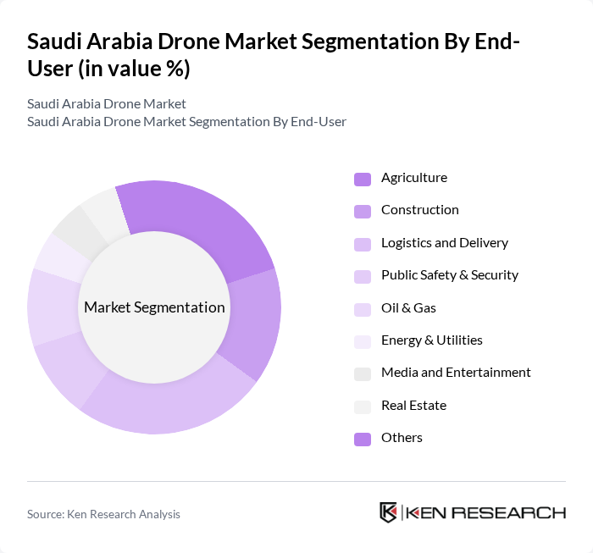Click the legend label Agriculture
[x=413, y=178]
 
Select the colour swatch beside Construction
[x=363, y=211]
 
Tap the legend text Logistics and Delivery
[x=444, y=243]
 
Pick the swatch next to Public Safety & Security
[x=363, y=276]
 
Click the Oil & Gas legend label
[x=408, y=308]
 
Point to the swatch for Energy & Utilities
[x=363, y=340]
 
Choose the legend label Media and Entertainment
[x=456, y=373]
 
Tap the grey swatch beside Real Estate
[x=363, y=406]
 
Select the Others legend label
[x=402, y=438]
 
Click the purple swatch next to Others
[x=363, y=438]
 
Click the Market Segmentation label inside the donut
[x=154, y=307]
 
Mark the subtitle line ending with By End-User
[x=186, y=121]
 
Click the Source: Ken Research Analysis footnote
[x=103, y=514]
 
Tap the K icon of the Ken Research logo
[x=388, y=512]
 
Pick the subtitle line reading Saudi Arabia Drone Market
[x=106, y=104]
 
